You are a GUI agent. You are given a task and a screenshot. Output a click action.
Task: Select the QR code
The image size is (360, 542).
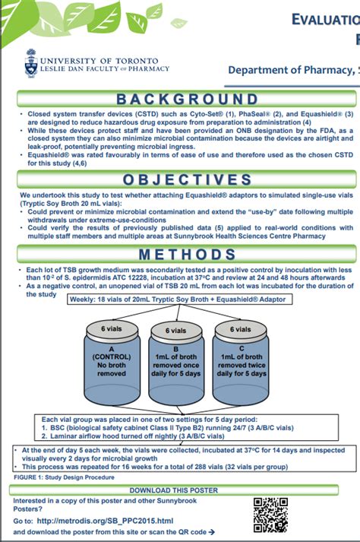[x=270, y=514]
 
